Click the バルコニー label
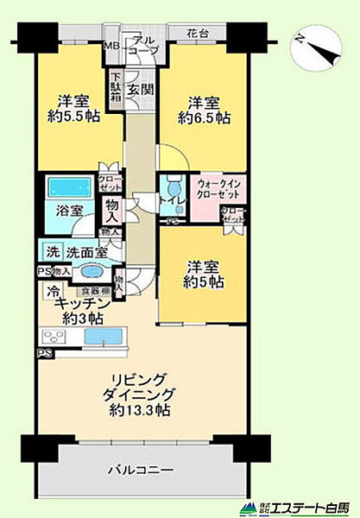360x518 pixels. (142, 471)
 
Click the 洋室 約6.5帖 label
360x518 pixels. (204, 107)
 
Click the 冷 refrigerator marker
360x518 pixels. (54, 292)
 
